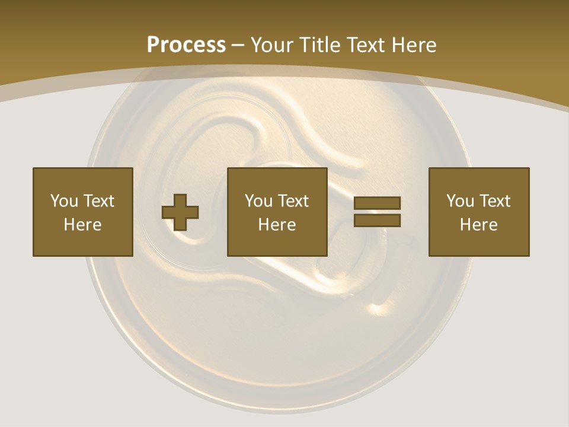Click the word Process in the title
point(186,44)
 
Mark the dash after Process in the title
point(238,46)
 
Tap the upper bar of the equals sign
point(377,203)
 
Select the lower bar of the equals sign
point(377,221)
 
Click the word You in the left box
point(64,201)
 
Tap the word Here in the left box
point(83,225)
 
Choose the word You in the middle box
point(258,201)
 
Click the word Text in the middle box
point(293,201)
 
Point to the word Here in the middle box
point(277,225)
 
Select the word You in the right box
point(460,201)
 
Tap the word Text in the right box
point(494,201)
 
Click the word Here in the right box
point(479,225)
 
